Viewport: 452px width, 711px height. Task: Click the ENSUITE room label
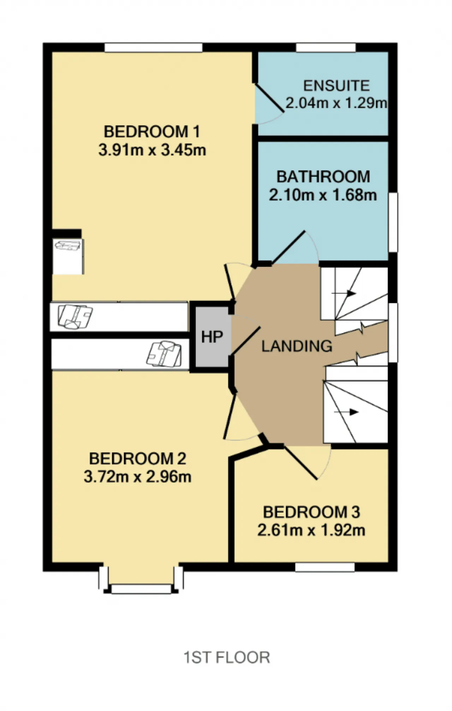click(336, 86)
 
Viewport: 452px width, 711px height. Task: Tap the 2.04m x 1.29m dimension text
click(336, 103)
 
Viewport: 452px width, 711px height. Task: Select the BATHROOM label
click(323, 177)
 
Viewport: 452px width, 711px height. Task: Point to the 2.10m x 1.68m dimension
click(323, 195)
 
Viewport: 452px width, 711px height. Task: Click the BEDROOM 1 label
click(152, 132)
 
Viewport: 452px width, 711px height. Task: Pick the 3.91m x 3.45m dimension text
click(152, 150)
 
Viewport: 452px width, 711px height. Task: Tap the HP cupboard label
click(212, 337)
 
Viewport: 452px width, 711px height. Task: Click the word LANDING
click(297, 346)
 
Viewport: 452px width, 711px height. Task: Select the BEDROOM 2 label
click(137, 458)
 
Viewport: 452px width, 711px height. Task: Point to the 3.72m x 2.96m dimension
click(137, 476)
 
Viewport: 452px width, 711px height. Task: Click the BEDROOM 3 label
click(311, 512)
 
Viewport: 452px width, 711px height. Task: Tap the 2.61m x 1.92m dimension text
click(311, 530)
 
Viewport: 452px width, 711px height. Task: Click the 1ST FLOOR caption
click(227, 658)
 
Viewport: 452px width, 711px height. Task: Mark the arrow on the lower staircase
click(346, 412)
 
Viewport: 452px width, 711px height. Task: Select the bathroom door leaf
click(288, 247)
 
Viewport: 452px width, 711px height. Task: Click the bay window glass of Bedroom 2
click(141, 588)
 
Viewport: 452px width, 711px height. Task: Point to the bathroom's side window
click(393, 222)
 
